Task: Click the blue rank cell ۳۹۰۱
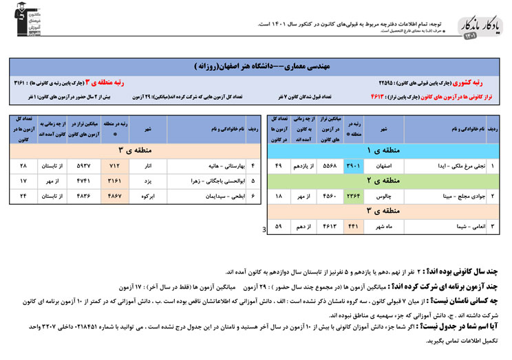coord(352,166)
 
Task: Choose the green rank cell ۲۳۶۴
coord(352,196)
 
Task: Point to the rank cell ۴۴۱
coord(352,225)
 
